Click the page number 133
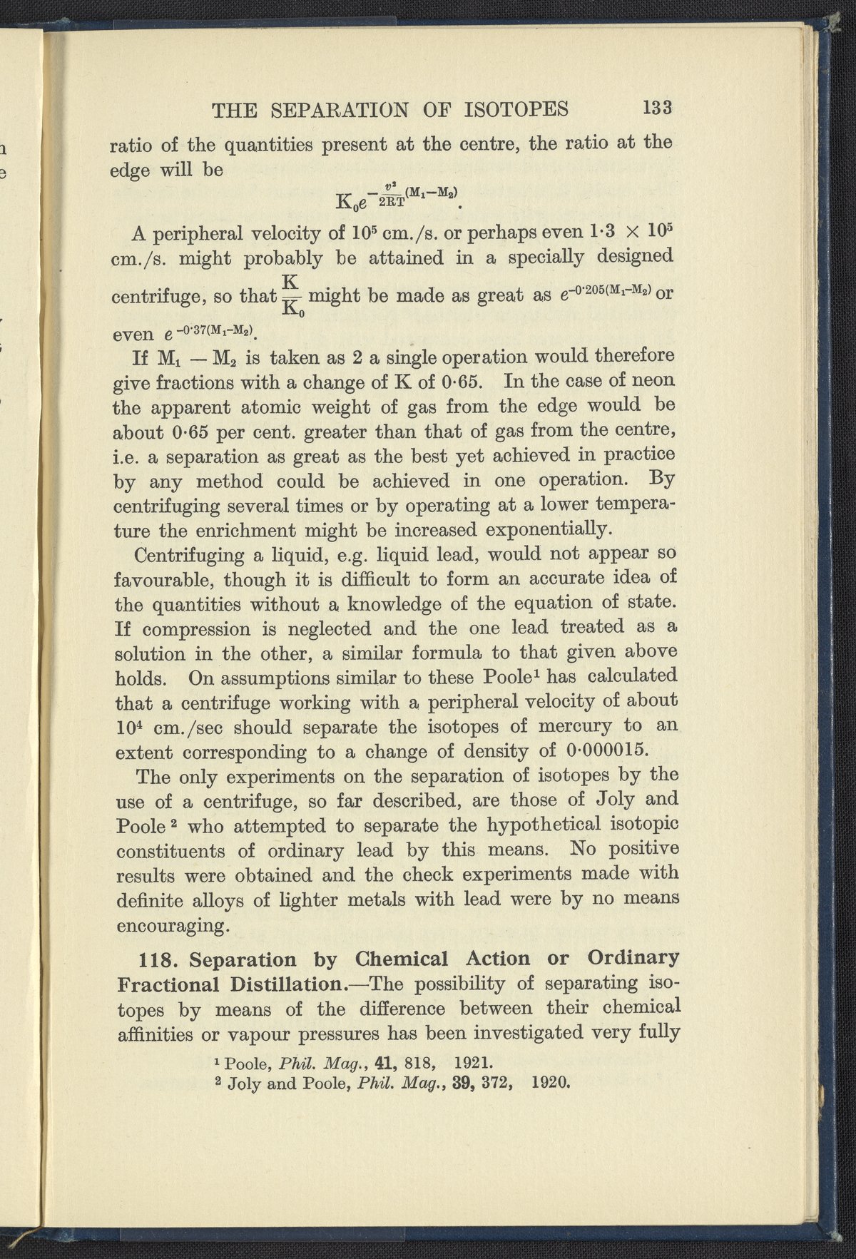[x=658, y=108]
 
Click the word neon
[x=651, y=381]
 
